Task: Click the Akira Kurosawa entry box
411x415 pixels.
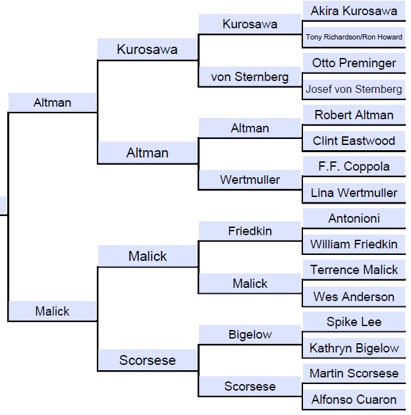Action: pyautogui.click(x=354, y=11)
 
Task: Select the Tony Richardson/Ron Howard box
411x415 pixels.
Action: pyautogui.click(x=354, y=37)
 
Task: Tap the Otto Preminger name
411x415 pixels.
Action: pyautogui.click(x=354, y=63)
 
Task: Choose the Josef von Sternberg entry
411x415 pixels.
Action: pyautogui.click(x=354, y=89)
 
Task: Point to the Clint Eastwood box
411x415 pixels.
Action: pyautogui.click(x=354, y=141)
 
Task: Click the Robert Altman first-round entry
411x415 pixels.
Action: pyautogui.click(x=354, y=115)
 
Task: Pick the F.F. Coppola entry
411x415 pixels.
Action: pyautogui.click(x=354, y=167)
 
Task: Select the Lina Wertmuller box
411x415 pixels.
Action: pyautogui.click(x=354, y=193)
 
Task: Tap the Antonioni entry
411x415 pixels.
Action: pyautogui.click(x=354, y=218)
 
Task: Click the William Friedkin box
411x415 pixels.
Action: pyautogui.click(x=354, y=244)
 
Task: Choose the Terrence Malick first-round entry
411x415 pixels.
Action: pyautogui.click(x=354, y=270)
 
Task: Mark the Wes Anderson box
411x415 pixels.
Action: pyautogui.click(x=354, y=296)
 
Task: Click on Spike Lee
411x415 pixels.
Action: pyautogui.click(x=354, y=322)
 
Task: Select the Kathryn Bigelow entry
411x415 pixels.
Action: pyautogui.click(x=354, y=348)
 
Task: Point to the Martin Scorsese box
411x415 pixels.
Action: pyautogui.click(x=354, y=373)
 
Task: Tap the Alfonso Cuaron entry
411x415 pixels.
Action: pyautogui.click(x=354, y=400)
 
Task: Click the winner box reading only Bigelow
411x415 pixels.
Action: pyautogui.click(x=250, y=335)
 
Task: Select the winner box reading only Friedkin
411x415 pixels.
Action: pyautogui.click(x=250, y=231)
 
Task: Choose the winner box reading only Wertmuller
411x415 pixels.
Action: pyautogui.click(x=250, y=180)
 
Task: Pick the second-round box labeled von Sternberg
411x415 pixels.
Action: pyautogui.click(x=250, y=77)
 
